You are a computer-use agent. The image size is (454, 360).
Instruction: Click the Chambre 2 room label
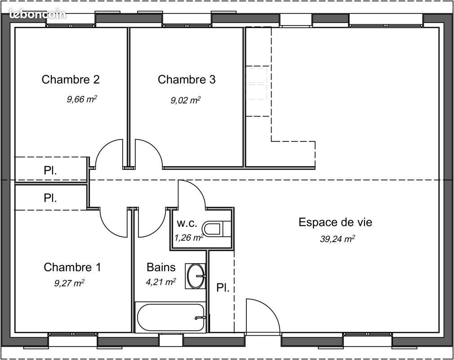(x=71, y=80)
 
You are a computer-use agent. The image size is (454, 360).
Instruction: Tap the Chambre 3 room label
(x=187, y=80)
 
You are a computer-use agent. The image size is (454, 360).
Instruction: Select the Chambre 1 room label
(x=72, y=267)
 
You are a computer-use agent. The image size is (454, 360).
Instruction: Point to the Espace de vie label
(x=335, y=222)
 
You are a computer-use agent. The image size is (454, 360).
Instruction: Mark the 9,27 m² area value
(x=69, y=283)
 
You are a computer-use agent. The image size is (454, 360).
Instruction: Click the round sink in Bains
(x=196, y=275)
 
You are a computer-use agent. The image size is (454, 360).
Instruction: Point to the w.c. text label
(x=186, y=223)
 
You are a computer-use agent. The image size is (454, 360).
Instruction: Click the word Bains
(x=161, y=267)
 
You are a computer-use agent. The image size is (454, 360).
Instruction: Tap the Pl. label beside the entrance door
(x=223, y=288)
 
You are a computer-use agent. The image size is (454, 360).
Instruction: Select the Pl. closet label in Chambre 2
(x=50, y=171)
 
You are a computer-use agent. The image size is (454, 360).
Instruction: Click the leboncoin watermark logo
(x=37, y=14)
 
